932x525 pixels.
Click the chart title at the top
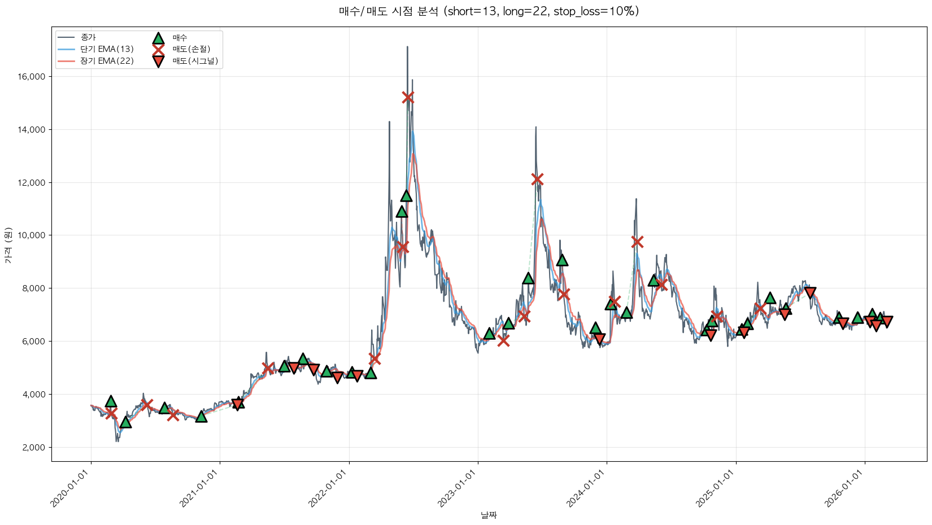489,11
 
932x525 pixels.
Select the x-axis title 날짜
489,515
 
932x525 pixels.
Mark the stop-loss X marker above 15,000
408,98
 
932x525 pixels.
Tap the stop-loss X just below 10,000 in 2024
637,242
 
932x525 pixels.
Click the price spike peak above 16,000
407,47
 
